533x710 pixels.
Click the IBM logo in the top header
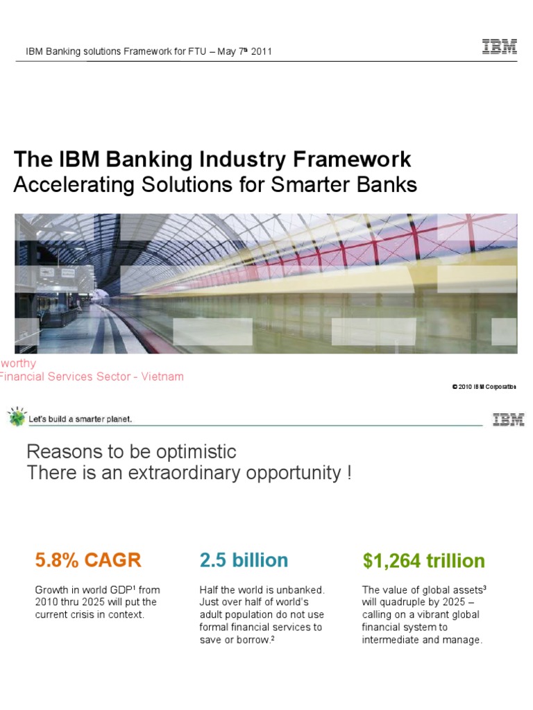click(x=500, y=48)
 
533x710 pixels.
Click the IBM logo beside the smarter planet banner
click(x=508, y=419)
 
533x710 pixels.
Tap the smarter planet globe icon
click(x=16, y=417)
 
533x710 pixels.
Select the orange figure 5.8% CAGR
click(x=88, y=560)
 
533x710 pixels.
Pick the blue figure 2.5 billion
click(x=244, y=560)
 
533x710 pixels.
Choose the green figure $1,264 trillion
click(x=424, y=560)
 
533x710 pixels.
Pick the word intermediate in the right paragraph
click(x=390, y=640)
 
